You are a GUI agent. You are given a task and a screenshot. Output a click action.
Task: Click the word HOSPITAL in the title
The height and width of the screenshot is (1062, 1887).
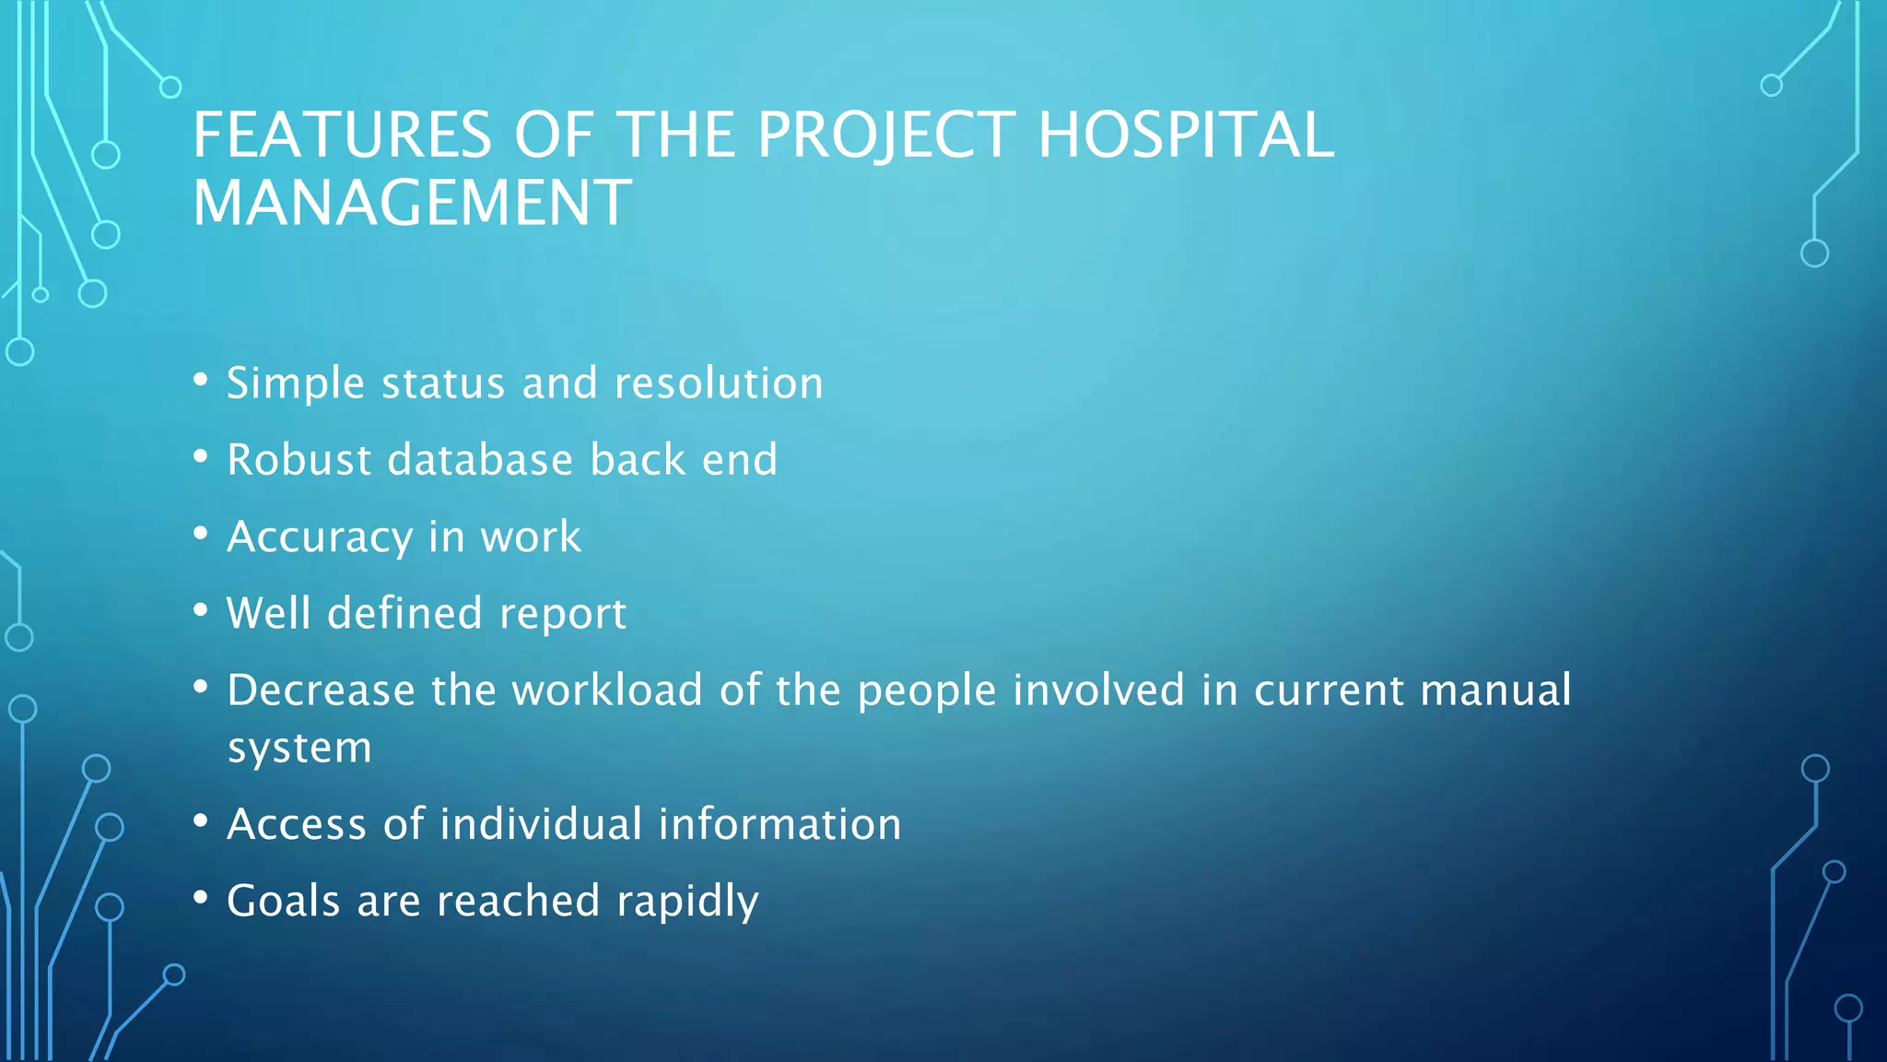1186,136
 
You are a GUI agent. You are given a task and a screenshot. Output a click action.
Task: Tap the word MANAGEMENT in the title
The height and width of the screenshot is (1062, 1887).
412,203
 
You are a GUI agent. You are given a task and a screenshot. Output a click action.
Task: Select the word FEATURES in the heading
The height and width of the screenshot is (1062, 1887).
342,136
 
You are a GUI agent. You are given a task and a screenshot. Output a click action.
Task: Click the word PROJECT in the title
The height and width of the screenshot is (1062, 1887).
886,136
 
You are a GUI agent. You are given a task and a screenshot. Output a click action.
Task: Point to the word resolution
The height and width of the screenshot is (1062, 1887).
719,383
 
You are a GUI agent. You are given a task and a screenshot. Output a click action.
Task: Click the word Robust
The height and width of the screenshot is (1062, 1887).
299,460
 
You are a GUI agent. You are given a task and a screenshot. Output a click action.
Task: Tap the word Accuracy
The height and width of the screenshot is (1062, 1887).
319,537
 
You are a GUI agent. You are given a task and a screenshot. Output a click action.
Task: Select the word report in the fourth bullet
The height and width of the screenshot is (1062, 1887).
563,614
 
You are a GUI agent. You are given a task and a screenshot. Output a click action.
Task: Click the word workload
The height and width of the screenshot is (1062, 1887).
607,690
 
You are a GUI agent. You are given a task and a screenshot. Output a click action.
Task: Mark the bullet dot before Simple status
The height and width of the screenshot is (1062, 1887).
201,380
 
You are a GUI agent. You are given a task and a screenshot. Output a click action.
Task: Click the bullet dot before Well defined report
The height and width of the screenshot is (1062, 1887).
201,609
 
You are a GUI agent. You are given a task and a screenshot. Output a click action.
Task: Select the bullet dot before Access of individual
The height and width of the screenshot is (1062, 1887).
201,820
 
